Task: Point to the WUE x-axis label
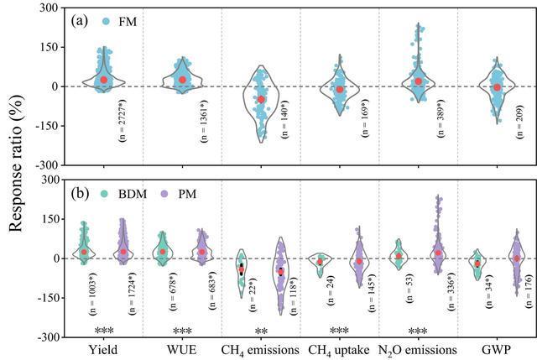pos(182,349)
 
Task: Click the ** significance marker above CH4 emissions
pos(261,331)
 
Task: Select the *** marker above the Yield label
pos(104,331)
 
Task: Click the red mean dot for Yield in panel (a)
pos(104,81)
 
